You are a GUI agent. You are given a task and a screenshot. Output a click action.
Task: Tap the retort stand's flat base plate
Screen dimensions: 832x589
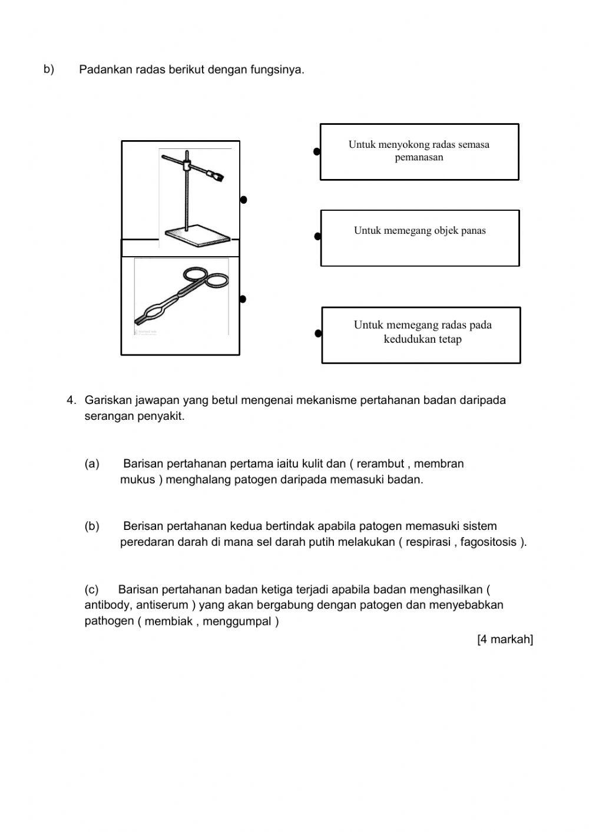click(x=197, y=235)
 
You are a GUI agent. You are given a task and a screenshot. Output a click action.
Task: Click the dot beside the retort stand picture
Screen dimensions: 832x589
click(x=243, y=200)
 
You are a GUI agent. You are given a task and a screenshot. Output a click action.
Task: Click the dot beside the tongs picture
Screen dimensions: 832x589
click(x=243, y=299)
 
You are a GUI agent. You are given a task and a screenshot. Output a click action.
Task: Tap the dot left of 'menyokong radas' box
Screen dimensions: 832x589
click(x=317, y=152)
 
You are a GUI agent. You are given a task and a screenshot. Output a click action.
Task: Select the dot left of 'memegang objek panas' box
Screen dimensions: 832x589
click(x=317, y=237)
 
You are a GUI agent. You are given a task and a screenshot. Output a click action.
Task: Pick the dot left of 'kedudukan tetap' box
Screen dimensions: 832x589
click(x=318, y=334)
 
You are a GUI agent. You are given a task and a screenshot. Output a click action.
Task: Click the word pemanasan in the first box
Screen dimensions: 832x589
click(x=419, y=158)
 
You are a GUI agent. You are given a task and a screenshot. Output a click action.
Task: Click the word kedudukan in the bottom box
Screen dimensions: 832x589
click(x=409, y=340)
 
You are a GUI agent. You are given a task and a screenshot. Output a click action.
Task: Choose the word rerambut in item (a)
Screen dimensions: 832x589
click(x=380, y=464)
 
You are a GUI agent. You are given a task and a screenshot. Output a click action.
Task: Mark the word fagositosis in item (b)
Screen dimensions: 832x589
click(x=488, y=542)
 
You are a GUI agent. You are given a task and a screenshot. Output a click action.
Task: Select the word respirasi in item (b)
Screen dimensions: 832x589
click(x=428, y=542)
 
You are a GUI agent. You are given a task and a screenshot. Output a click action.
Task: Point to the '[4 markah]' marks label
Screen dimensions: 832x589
click(x=505, y=639)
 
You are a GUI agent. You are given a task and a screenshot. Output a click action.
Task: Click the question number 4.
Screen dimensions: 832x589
click(x=71, y=400)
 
